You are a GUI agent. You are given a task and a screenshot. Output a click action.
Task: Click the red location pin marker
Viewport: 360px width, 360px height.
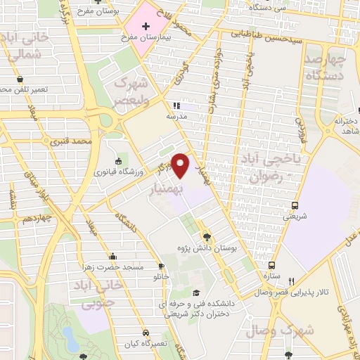point(181,166)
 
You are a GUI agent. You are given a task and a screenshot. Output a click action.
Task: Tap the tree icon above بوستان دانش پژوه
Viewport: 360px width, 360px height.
point(206,237)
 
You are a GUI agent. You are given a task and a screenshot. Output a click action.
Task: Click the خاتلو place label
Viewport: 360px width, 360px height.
point(162,277)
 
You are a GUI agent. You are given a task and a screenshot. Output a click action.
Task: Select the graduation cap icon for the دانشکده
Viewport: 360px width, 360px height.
point(198,293)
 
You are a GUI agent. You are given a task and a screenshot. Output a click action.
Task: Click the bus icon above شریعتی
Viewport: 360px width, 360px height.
point(295,206)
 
